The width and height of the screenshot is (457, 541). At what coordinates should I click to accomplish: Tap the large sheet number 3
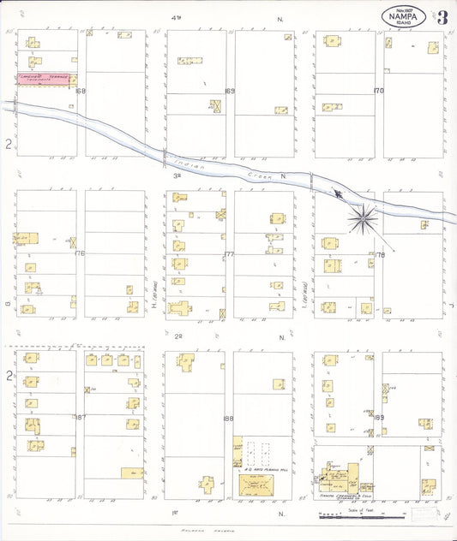(x=442, y=18)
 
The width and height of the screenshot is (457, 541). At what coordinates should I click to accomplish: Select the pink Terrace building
(x=45, y=79)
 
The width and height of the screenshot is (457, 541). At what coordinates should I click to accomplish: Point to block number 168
(x=81, y=91)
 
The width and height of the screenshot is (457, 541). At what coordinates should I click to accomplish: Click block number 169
(x=230, y=91)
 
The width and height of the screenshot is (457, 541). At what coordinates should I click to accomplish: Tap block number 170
(x=378, y=91)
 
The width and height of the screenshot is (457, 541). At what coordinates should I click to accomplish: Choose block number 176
(x=81, y=253)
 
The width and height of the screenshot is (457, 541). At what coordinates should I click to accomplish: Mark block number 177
(x=230, y=254)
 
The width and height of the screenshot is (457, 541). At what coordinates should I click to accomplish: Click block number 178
(x=380, y=254)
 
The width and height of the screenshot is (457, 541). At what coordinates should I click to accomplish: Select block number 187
(x=81, y=418)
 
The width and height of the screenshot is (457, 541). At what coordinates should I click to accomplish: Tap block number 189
(x=378, y=418)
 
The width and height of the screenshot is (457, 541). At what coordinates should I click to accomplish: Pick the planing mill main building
(x=256, y=485)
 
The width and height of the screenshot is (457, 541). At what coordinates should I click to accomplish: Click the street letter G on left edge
(x=6, y=302)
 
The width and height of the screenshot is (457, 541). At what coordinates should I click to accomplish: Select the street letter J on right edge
(x=449, y=302)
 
